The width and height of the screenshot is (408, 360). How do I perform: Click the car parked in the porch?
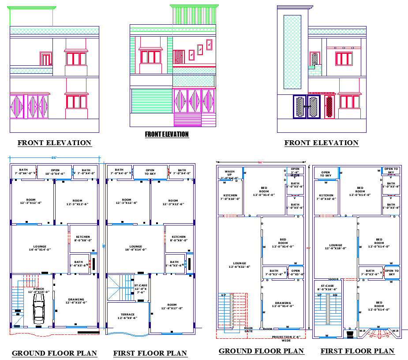(x=39, y=307)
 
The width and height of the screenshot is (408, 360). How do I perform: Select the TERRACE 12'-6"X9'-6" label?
(x=128, y=316)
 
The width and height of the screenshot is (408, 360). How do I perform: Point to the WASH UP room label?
(x=229, y=175)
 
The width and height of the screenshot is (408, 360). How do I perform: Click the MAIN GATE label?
(x=248, y=329)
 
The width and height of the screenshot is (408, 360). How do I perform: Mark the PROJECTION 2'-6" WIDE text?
(x=286, y=338)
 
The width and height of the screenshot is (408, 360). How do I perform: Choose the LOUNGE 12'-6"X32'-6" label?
(x=240, y=265)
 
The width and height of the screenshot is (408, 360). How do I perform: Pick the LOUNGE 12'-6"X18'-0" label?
(x=336, y=247)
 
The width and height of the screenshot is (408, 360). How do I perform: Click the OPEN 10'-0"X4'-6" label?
(x=55, y=172)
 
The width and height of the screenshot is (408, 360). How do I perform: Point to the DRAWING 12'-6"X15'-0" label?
(x=76, y=301)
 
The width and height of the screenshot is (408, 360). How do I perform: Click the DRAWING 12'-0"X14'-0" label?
(x=283, y=304)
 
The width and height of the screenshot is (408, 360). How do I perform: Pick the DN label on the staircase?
(x=335, y=295)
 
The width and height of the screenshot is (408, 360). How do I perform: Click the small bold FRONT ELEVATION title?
(x=167, y=134)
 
